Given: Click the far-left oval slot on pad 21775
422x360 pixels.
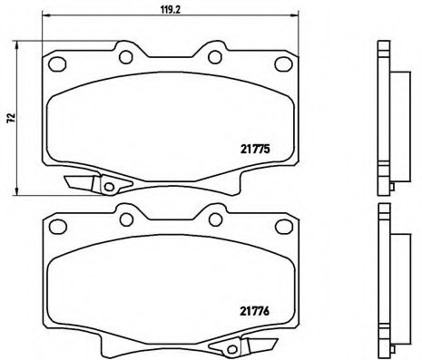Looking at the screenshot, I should pyautogui.click(x=57, y=63).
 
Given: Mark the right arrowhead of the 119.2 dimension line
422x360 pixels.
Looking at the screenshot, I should pyautogui.click(x=295, y=15).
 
